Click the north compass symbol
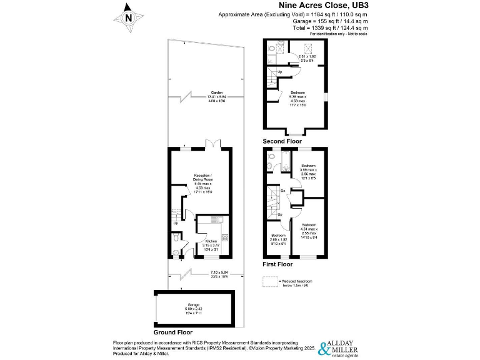click(x=129, y=17)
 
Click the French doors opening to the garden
click(x=214, y=145)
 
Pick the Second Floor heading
click(x=282, y=141)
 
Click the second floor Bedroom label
click(x=297, y=99)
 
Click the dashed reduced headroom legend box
click(x=269, y=282)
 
